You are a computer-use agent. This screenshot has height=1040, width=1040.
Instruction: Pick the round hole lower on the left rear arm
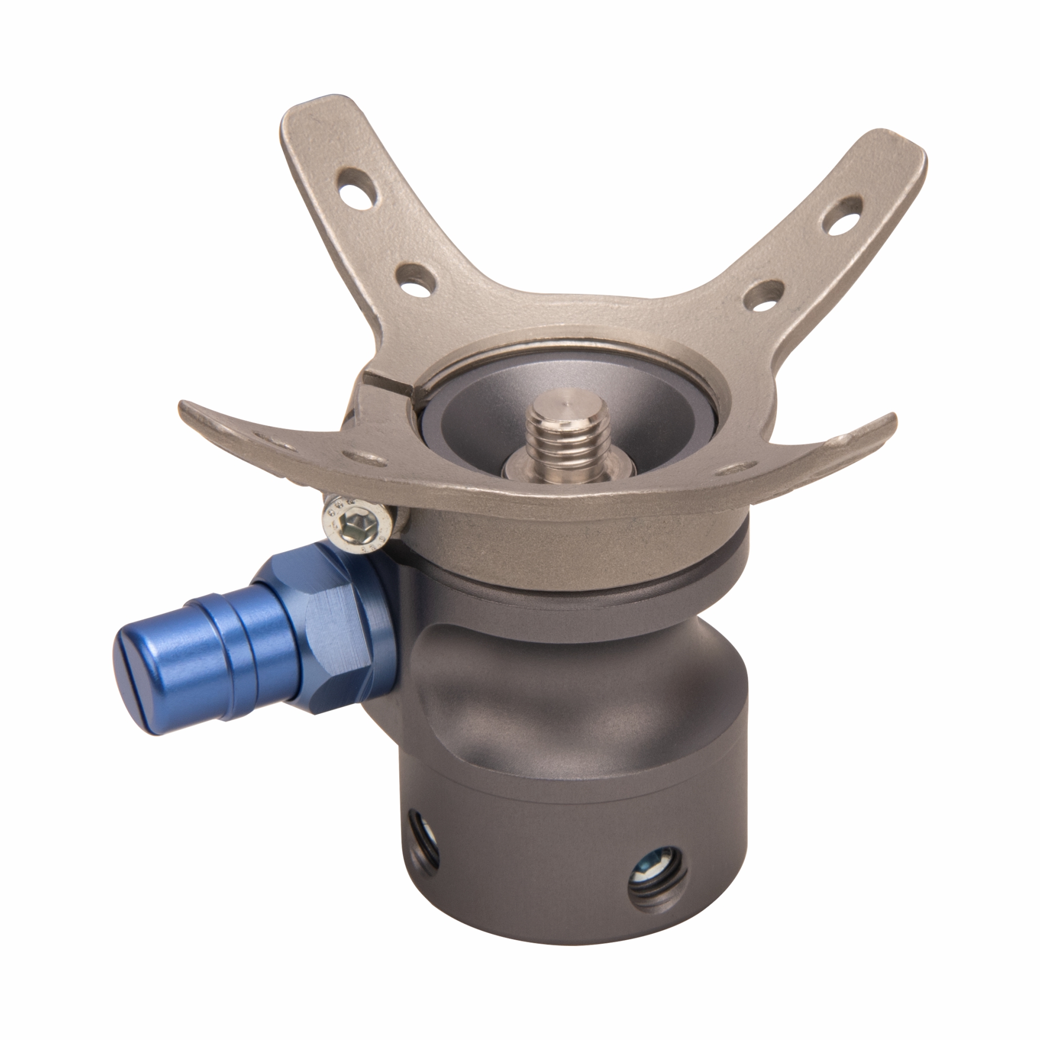coord(417,279)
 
